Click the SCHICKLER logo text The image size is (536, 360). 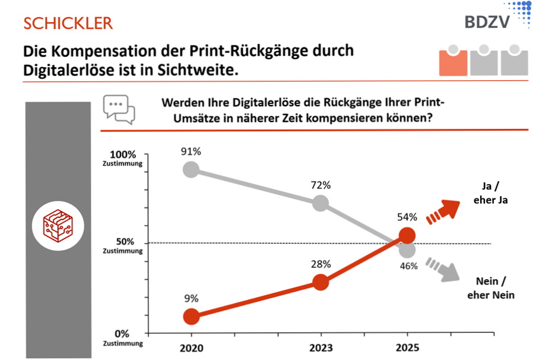[68, 23]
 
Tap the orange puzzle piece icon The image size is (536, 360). [453, 60]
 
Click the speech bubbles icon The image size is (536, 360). [119, 109]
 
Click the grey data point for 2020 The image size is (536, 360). [191, 169]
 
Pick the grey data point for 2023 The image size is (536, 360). [321, 203]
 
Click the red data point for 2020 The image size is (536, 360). [191, 316]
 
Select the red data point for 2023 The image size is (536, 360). [321, 282]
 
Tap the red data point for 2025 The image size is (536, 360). [407, 235]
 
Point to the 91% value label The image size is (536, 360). [191, 151]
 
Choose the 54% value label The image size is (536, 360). [407, 217]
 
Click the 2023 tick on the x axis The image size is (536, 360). [321, 347]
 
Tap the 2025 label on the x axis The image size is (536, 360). [407, 347]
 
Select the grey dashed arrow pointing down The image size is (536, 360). [445, 269]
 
